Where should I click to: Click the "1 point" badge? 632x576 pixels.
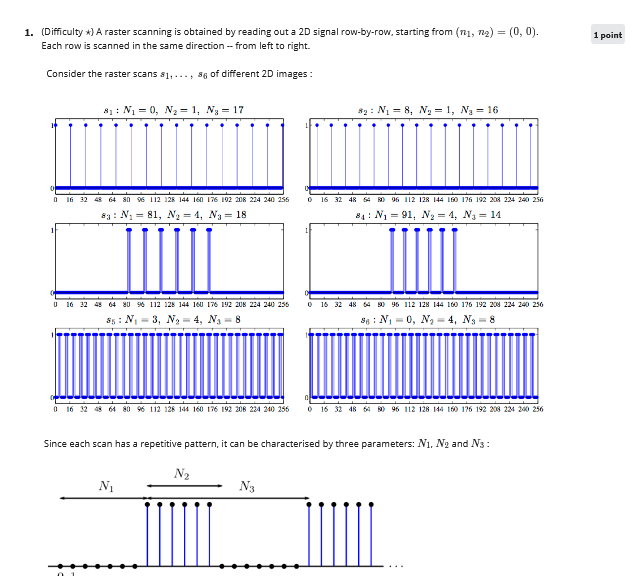pos(607,35)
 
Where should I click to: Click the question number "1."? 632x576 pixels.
pos(30,33)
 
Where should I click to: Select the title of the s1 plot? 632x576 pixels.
pos(174,109)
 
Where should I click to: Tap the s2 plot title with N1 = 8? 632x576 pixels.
pos(428,109)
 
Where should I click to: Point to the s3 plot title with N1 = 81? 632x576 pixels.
pos(174,214)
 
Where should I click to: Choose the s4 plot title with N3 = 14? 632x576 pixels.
pos(428,214)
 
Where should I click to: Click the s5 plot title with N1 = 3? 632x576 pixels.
pos(174,319)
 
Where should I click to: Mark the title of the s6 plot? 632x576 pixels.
pos(428,319)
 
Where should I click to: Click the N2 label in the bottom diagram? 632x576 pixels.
pos(182,473)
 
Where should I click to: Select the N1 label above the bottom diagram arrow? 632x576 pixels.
pos(105,486)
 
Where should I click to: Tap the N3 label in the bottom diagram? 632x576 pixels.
pos(247,487)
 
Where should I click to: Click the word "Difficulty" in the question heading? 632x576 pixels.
pos(66,33)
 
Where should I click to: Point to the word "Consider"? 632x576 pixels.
pos(66,75)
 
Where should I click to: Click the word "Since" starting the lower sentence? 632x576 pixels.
pos(56,443)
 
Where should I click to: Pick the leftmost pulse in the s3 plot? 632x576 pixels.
pos(129,260)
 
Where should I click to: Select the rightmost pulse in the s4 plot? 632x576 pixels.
pos(456,260)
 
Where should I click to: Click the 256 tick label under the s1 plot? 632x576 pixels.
pos(282,199)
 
